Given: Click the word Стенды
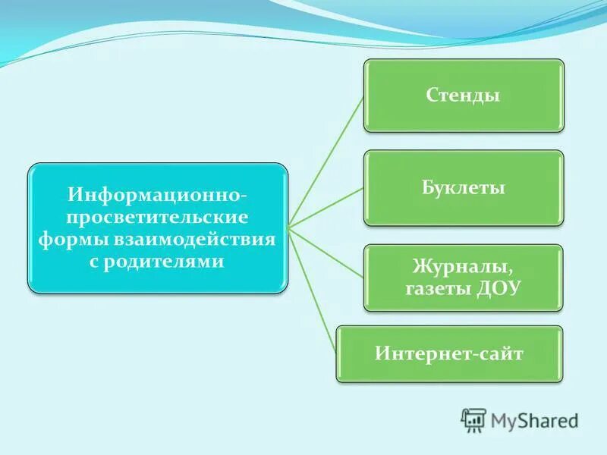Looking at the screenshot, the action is point(464,96).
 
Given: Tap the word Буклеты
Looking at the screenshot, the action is point(464,187).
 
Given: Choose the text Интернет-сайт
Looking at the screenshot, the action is point(449,353).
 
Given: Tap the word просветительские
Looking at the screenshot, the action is point(157,218).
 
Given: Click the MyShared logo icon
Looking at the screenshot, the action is point(473,420).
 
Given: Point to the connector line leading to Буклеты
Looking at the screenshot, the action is point(326,206).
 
